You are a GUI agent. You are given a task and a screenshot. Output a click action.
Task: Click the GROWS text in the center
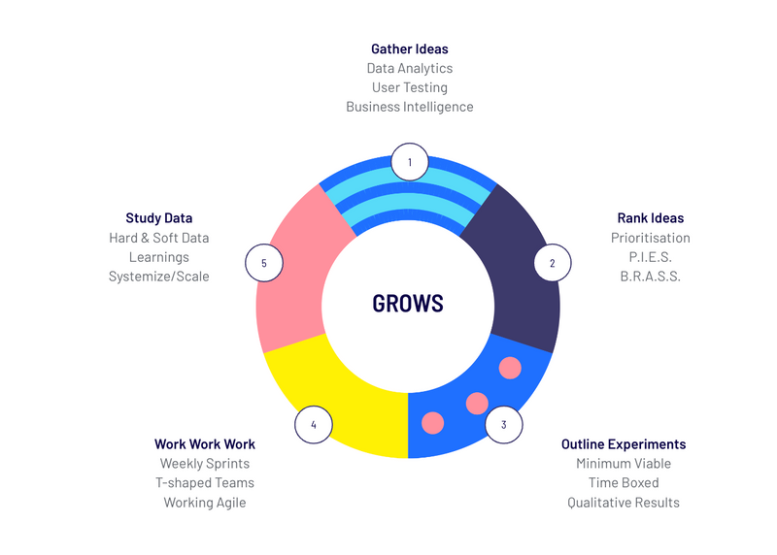408,304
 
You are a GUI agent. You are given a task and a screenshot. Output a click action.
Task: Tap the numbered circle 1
410,162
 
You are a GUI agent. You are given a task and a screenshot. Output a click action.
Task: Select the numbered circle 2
553,263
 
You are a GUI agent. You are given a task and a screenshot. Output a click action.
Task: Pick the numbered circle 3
504,424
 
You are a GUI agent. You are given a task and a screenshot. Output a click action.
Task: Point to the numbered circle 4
314,424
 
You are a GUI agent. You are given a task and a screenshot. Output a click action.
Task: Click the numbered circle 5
264,263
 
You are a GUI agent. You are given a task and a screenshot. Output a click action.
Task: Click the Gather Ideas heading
410,49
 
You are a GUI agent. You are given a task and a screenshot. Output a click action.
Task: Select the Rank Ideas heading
651,218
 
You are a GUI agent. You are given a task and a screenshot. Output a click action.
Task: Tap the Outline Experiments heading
624,444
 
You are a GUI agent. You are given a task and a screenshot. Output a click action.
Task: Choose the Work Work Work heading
205,444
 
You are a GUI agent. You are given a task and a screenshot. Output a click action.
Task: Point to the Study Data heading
159,218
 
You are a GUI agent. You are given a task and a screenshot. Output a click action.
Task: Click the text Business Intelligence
410,107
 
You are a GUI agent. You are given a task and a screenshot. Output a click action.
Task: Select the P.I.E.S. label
651,257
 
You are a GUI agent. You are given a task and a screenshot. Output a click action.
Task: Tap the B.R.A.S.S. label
651,277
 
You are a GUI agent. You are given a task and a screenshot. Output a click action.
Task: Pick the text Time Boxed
624,483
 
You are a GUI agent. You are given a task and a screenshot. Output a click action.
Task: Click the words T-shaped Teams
205,483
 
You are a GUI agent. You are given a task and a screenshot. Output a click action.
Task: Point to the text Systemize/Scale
159,277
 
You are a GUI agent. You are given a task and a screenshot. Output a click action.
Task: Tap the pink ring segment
292,277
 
